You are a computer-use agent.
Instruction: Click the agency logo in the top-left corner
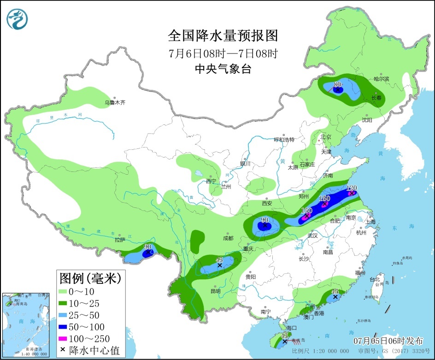(18, 19)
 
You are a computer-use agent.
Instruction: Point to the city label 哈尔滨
(381, 79)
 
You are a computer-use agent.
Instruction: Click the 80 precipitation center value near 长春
(337, 84)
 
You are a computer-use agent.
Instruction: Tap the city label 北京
(326, 136)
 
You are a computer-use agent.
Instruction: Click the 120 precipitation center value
(352, 188)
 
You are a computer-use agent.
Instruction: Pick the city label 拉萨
(120, 240)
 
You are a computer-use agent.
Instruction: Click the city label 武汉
(313, 236)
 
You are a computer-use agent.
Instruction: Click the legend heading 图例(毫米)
(90, 278)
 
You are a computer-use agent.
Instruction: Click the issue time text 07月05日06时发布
(388, 341)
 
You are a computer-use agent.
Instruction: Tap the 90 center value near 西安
(265, 220)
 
